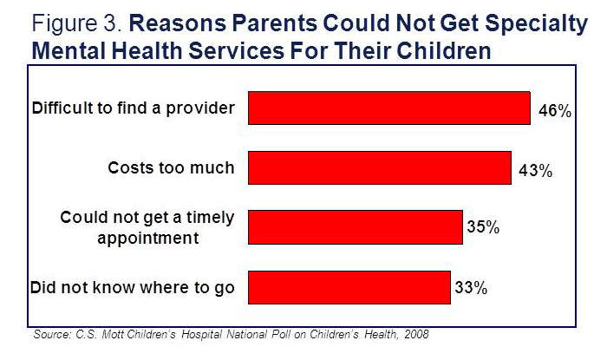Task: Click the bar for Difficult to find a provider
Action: coord(389,108)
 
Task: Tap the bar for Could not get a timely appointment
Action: coord(356,227)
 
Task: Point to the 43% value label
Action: coord(535,171)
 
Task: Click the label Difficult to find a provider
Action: coord(133,109)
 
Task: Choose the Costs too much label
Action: coord(171,167)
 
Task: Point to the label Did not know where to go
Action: coord(133,287)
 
